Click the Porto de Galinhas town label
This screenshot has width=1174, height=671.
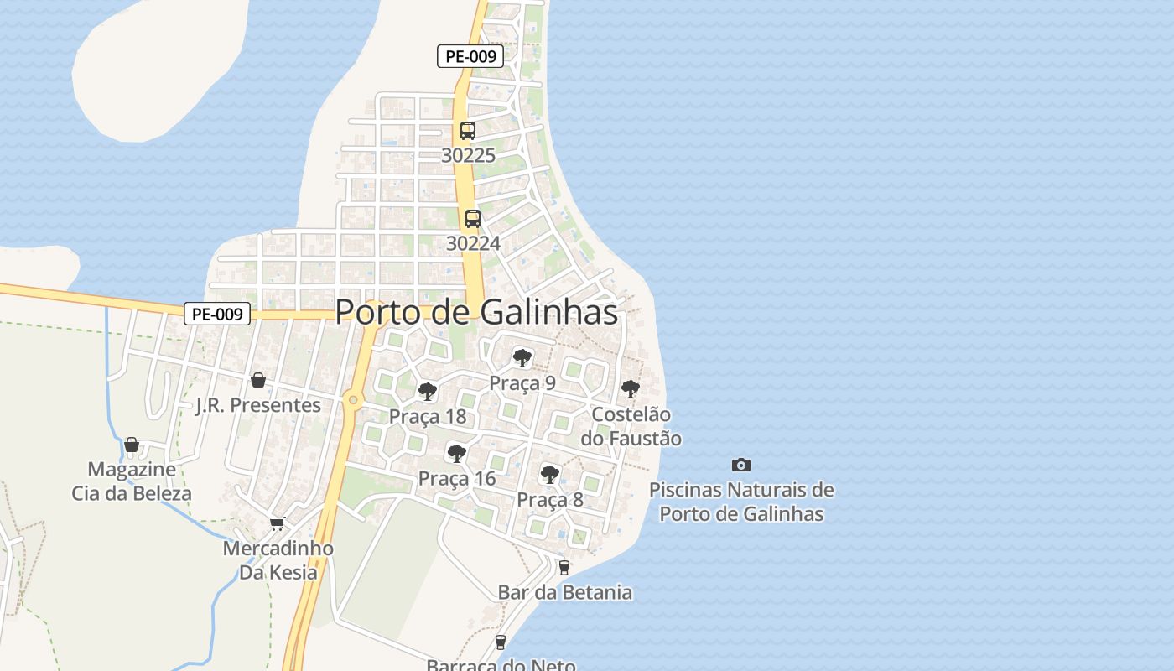pyautogui.click(x=476, y=312)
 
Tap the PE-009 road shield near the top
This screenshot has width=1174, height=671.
pyautogui.click(x=470, y=57)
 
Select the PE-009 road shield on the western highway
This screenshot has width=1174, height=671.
pyautogui.click(x=217, y=315)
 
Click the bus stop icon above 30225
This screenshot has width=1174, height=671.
pyautogui.click(x=468, y=131)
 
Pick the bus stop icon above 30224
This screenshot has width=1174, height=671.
pyautogui.click(x=473, y=219)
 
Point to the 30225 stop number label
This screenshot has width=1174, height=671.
pyautogui.click(x=468, y=155)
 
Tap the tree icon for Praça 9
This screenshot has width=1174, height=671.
pyautogui.click(x=522, y=358)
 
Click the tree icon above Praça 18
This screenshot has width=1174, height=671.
pyautogui.click(x=428, y=392)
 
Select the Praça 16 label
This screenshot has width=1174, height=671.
pyautogui.click(x=456, y=479)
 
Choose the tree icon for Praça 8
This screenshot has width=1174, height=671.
pyautogui.click(x=549, y=475)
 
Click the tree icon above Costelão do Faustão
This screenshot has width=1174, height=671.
pyautogui.click(x=630, y=389)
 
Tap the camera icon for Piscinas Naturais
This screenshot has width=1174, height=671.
pyautogui.click(x=741, y=465)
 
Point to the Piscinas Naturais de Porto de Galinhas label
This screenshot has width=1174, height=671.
pyautogui.click(x=741, y=502)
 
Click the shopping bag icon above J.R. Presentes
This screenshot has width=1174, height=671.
pyautogui.click(x=258, y=380)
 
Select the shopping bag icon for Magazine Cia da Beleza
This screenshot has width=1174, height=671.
pyautogui.click(x=132, y=444)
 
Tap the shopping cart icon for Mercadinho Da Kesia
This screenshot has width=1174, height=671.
pyautogui.click(x=277, y=523)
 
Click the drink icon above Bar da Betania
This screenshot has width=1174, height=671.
pyautogui.click(x=564, y=567)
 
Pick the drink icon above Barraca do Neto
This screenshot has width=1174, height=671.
pyautogui.click(x=501, y=642)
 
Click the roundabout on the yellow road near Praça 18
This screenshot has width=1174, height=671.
pyautogui.click(x=353, y=400)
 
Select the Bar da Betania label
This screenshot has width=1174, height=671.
pyautogui.click(x=564, y=592)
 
